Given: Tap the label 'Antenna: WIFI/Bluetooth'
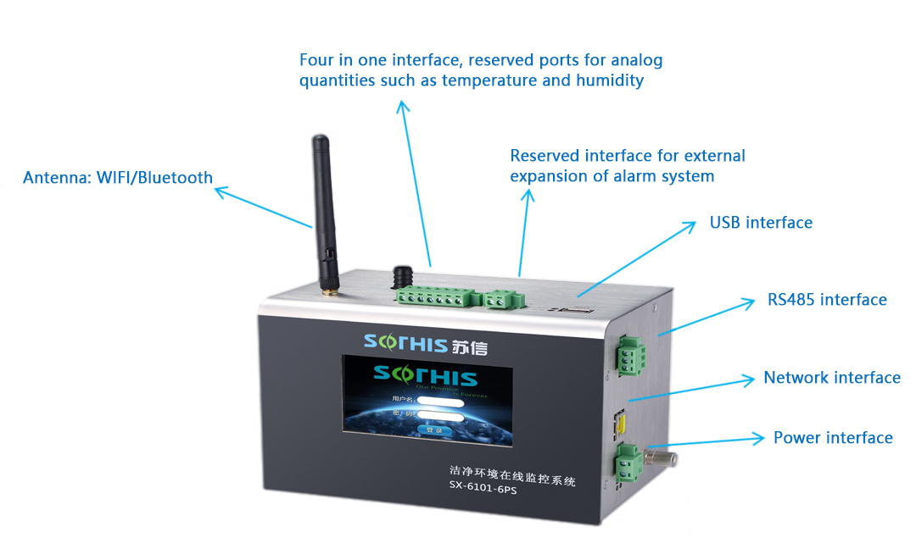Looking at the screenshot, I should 118,178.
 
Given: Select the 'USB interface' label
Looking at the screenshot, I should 761,223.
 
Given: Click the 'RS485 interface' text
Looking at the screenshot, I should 827,300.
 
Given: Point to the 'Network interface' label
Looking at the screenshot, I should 832,378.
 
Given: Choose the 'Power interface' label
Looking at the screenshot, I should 833,438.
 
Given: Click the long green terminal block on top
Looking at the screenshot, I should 433,296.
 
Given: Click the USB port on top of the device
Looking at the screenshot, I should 571,312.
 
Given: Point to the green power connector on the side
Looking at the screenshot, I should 629,462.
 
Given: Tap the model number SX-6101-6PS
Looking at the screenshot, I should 483,497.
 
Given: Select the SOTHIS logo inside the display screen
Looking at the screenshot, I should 426,378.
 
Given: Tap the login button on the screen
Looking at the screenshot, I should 434,430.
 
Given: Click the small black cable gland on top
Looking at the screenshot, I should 402,275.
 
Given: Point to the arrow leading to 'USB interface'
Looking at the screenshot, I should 637,258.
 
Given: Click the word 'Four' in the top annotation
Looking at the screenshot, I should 318,60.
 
